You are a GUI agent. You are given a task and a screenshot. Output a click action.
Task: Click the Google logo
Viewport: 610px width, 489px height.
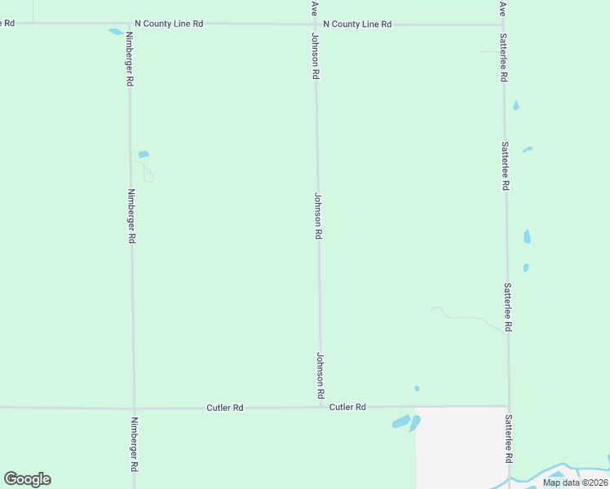[x=27, y=479]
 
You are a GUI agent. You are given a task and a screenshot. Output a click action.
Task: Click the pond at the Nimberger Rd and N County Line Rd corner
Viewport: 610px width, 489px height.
[x=115, y=32]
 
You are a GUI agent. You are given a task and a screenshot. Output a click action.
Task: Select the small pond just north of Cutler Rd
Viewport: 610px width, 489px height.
[x=417, y=388]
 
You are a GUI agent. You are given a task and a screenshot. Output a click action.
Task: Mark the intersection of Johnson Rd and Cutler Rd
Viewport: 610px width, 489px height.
[x=320, y=407]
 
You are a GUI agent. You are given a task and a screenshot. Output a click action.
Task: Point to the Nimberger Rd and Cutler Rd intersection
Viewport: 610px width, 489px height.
[x=134, y=407]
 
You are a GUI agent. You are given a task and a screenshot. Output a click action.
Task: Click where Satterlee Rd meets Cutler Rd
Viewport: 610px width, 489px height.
[x=509, y=406]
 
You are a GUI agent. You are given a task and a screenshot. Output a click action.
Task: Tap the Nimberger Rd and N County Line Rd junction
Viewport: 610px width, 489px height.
[x=129, y=24]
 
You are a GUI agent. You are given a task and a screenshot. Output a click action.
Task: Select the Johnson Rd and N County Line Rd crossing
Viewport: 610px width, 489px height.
[x=316, y=24]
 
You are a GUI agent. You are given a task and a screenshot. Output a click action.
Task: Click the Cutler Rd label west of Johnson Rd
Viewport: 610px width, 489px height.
[x=225, y=407]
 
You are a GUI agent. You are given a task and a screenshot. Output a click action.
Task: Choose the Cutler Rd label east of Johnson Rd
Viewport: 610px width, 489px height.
[x=347, y=407]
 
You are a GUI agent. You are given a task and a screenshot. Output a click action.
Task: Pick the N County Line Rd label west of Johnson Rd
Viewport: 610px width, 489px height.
[x=168, y=24]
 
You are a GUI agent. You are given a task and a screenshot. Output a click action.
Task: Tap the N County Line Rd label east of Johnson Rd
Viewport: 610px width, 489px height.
[x=357, y=24]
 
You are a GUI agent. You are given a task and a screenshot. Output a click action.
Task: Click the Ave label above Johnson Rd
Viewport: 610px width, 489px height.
[x=314, y=7]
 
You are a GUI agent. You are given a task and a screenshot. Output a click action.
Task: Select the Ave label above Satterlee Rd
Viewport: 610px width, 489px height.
[x=502, y=7]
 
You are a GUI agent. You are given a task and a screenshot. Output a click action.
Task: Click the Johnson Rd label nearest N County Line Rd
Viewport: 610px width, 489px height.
[x=315, y=56]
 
